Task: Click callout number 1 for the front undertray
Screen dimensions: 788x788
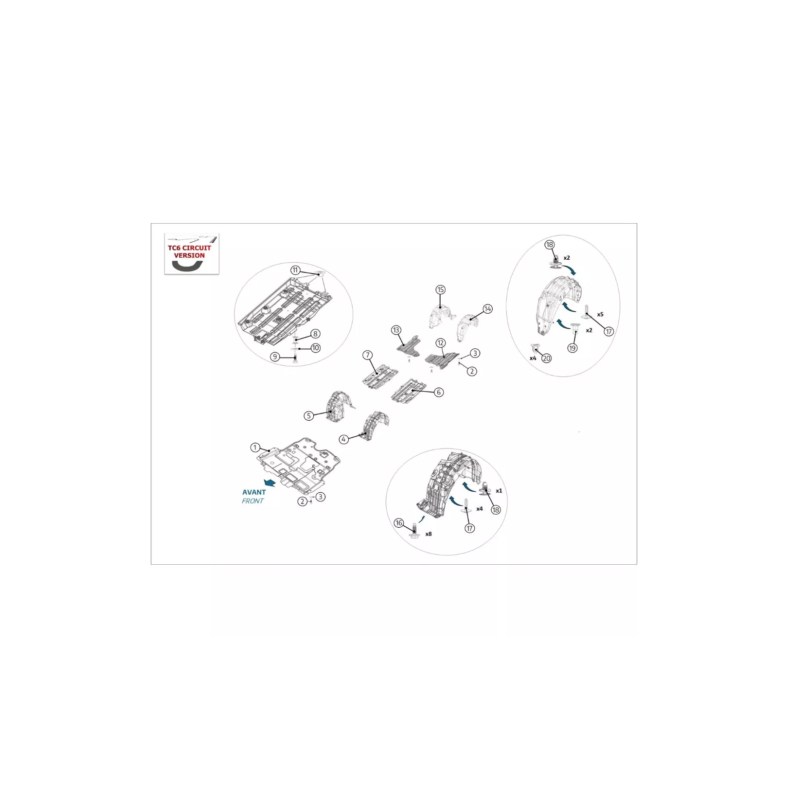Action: pos(255,448)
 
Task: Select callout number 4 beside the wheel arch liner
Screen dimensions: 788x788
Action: pos(344,439)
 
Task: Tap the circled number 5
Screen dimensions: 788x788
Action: pos(308,416)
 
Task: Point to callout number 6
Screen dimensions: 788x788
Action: pos(439,392)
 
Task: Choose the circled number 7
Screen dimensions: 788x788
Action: pos(368,356)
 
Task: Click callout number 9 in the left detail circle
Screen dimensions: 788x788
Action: pos(275,357)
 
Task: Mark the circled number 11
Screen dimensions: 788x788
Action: pos(295,270)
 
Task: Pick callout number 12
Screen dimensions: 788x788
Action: pos(441,343)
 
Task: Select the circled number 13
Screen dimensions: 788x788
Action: pos(396,330)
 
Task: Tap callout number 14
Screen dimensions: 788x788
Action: pos(487,309)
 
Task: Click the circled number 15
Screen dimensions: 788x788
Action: pos(441,290)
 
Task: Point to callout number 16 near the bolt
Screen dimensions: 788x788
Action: pos(399,523)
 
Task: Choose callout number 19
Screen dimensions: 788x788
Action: pos(573,348)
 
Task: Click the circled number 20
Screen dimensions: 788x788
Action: pos(547,358)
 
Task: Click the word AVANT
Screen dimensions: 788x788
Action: pos(254,492)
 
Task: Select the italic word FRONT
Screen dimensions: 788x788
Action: pos(252,501)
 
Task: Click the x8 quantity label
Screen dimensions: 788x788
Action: pos(429,534)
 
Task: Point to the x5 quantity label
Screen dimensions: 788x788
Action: pos(600,314)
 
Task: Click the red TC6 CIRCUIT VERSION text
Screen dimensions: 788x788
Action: pos(190,251)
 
